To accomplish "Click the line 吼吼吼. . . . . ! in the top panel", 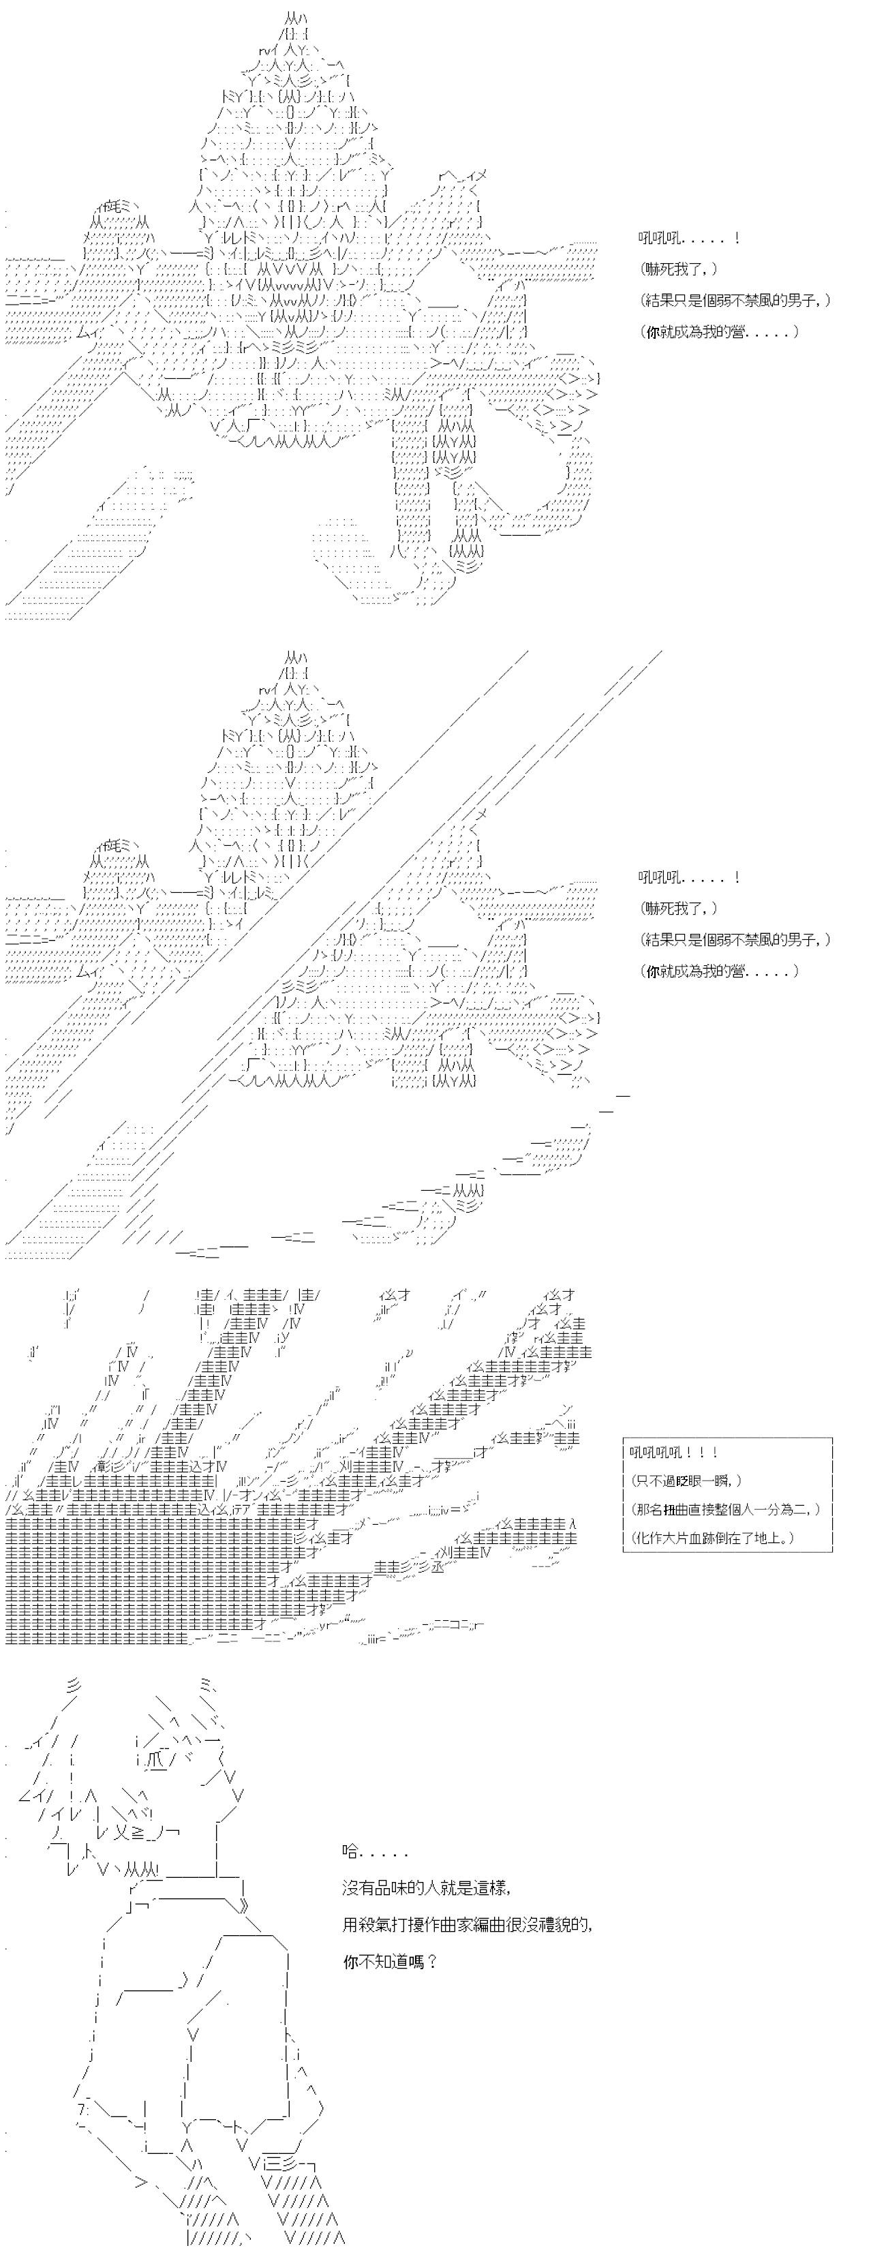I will click(688, 238).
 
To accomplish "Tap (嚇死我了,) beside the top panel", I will click(679, 270).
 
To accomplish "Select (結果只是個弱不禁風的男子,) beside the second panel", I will click(735, 939).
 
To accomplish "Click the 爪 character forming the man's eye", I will click(152, 1735).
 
